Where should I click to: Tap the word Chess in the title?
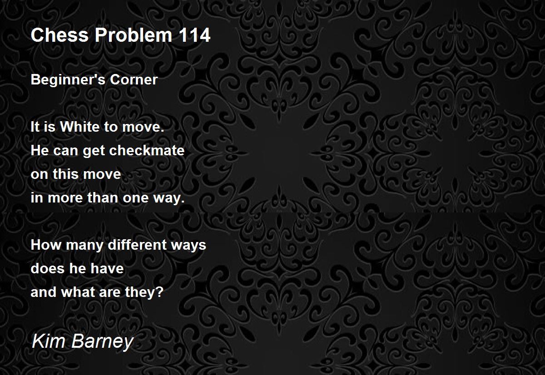59,35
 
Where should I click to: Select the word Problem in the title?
134,35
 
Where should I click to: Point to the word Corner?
134,80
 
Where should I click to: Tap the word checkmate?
147,150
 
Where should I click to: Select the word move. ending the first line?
144,127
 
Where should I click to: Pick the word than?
102,197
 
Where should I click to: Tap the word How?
46,245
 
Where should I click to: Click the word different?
137,245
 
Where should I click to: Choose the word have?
107,268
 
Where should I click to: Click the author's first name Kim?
49,340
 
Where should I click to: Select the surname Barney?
103,342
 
